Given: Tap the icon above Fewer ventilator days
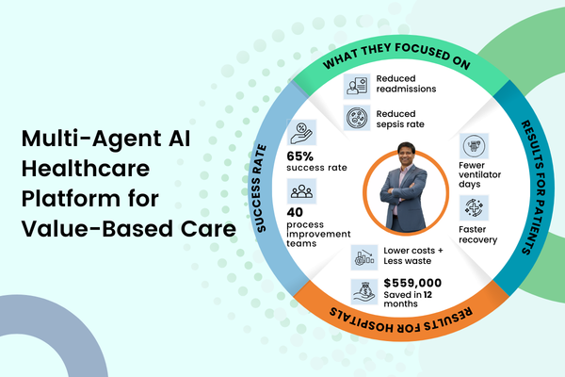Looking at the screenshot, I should tap(474, 147).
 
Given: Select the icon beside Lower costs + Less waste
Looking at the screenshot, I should tap(363, 256).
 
